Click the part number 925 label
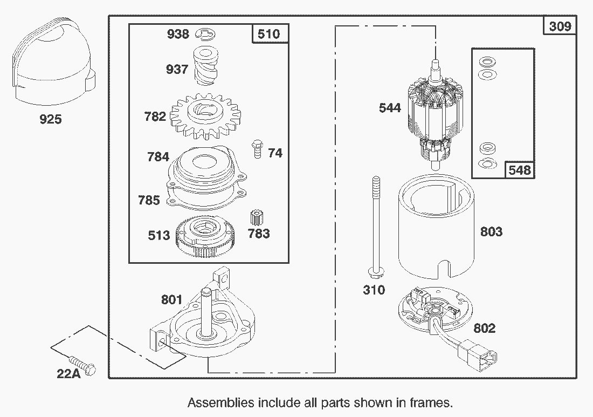[x=50, y=119]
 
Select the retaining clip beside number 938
[x=203, y=34]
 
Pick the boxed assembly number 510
[x=268, y=34]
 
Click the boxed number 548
[x=519, y=170]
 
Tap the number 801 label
[x=171, y=299]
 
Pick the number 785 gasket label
[x=149, y=200]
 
